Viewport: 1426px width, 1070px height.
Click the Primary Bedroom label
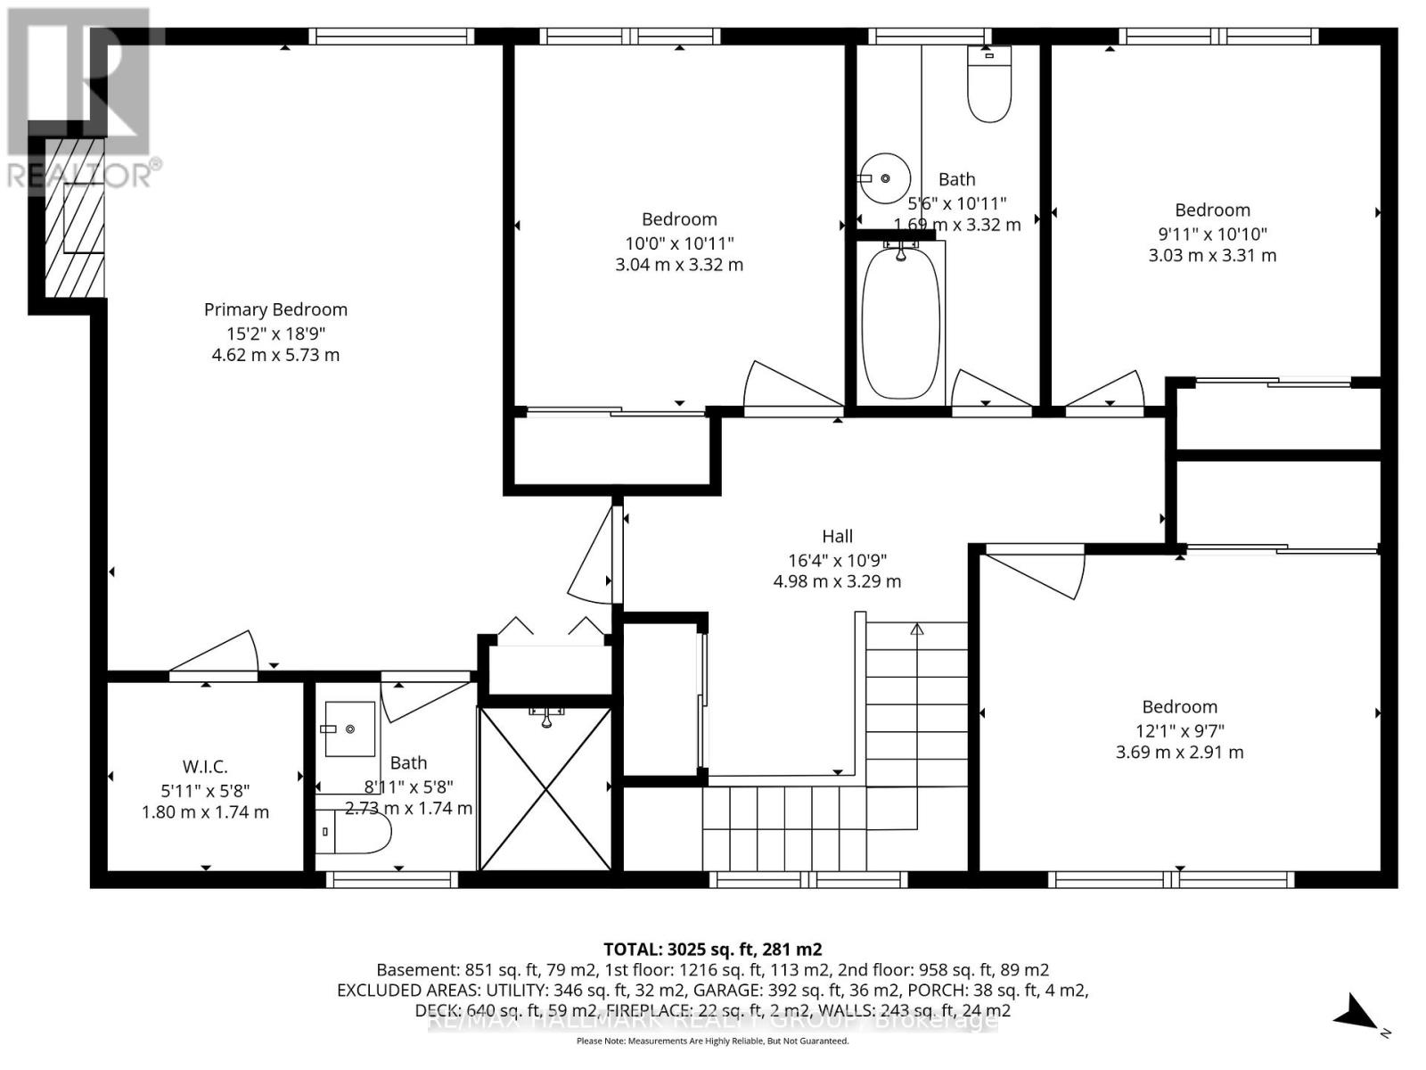pos(275,309)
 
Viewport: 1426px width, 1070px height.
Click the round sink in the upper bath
pos(885,178)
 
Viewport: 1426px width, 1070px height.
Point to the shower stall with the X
pos(545,789)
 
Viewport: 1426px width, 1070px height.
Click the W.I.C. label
pos(205,767)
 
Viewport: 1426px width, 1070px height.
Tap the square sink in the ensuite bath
pos(349,728)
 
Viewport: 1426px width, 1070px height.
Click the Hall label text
pos(837,536)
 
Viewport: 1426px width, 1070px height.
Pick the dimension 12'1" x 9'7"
pos(1179,729)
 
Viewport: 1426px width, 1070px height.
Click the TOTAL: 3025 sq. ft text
pos(712,949)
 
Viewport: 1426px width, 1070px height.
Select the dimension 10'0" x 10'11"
pos(679,243)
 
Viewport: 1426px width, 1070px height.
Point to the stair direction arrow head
pos(917,629)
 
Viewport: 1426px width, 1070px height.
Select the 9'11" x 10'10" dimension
pos(1212,234)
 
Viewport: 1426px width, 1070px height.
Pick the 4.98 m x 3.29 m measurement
pos(837,582)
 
